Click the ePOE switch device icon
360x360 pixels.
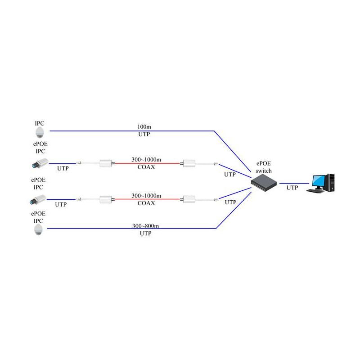264,183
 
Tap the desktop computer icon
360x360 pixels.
320,183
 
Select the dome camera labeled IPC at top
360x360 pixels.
40,132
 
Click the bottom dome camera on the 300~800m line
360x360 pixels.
38,230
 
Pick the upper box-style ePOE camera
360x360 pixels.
40,163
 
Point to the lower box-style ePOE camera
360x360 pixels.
38,199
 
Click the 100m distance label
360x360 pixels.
144,127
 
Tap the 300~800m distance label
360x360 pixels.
145,226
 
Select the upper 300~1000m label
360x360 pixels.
146,159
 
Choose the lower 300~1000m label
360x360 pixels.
146,196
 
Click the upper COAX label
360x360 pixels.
146,167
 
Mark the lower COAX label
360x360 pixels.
146,203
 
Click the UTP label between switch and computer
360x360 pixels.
292,188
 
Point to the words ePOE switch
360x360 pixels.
264,167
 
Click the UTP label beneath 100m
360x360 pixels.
144,134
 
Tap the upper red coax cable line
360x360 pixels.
147,163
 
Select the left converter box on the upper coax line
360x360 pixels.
106,163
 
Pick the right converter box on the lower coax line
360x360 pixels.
189,199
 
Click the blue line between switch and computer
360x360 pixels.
294,183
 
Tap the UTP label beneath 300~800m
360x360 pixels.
145,233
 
